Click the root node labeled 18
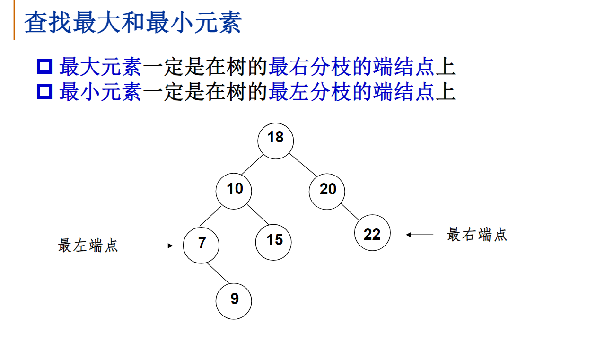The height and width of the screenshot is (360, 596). [276, 140]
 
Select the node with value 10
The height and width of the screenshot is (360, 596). [234, 191]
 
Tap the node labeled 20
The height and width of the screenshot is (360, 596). [327, 191]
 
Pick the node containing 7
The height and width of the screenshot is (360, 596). [202, 245]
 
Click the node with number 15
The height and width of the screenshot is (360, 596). [273, 242]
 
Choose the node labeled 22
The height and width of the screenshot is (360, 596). [372, 233]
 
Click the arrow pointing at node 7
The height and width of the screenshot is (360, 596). [159, 246]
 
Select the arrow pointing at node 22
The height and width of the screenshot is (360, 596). [420, 234]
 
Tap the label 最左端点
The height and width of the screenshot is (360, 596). [88, 246]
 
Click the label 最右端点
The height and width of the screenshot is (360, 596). [477, 234]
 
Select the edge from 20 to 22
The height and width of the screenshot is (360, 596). [351, 212]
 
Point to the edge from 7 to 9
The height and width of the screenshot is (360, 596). [217, 273]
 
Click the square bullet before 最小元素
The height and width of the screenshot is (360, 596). [44, 91]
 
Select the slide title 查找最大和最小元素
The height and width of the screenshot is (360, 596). [133, 23]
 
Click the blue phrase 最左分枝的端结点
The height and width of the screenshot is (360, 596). [351, 91]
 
